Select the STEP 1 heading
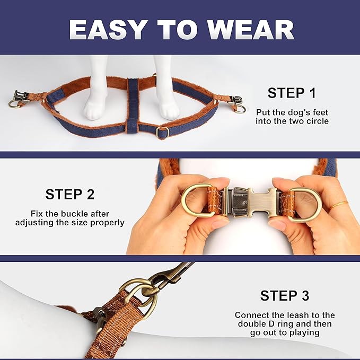point(292,93)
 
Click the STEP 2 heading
point(70,194)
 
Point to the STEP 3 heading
point(285,295)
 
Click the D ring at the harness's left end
point(14,104)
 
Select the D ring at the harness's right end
point(239,109)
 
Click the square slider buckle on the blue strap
point(162,132)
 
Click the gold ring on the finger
point(339,204)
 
